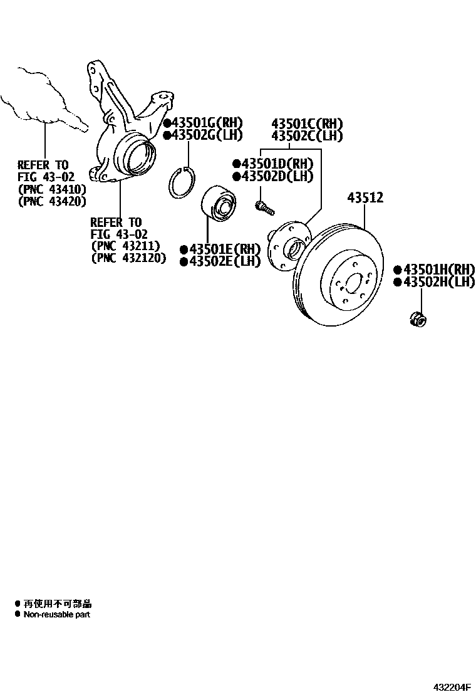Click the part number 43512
(365, 199)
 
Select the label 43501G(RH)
(206, 123)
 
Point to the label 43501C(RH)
(307, 123)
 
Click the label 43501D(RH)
(276, 164)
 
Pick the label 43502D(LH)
(276, 176)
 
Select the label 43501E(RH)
(224, 249)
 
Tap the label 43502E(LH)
(224, 261)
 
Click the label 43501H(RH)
(438, 270)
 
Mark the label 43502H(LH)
(438, 282)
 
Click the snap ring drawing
(183, 182)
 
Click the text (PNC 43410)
(52, 189)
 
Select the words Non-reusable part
(56, 615)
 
